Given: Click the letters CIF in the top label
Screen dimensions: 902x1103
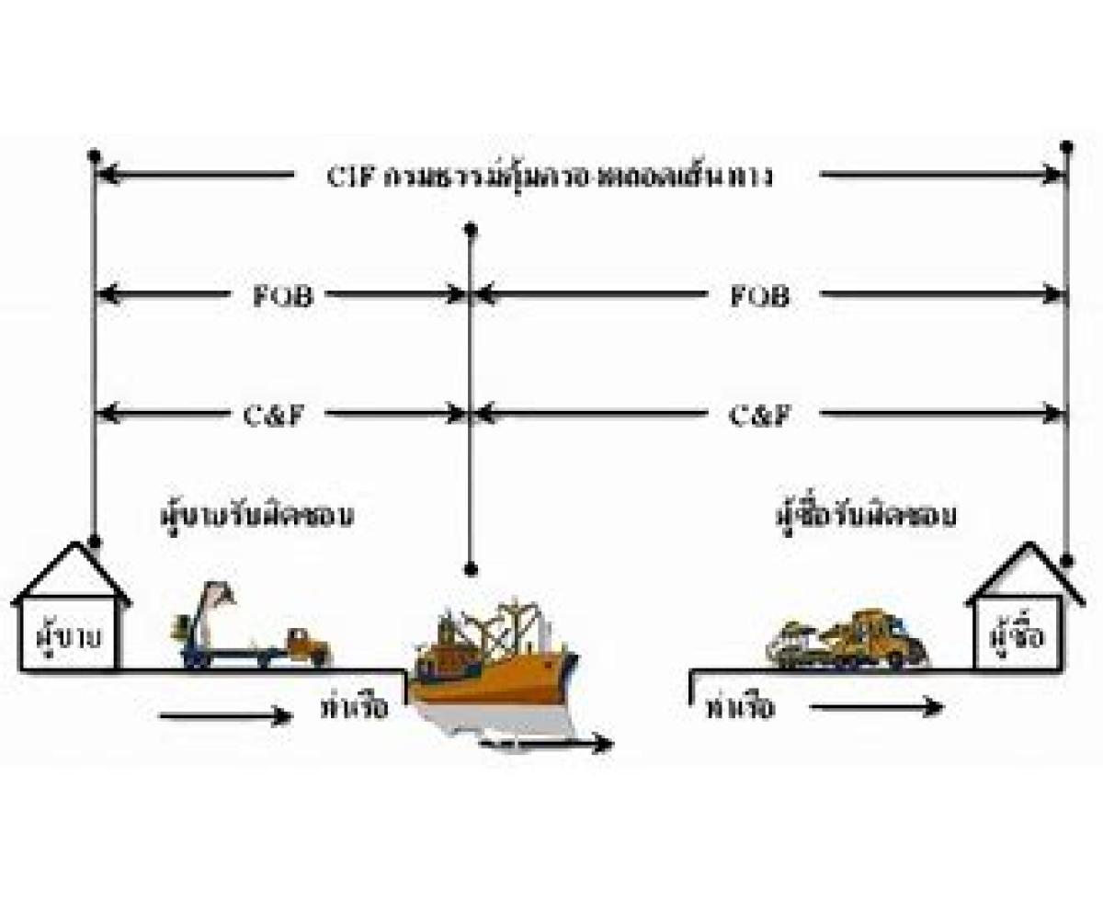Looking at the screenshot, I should tap(348, 176).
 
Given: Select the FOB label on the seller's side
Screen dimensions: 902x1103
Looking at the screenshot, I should tap(281, 296).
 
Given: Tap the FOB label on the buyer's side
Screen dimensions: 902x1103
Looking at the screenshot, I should tap(759, 296).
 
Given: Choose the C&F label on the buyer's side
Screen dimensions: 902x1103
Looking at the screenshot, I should tap(759, 415).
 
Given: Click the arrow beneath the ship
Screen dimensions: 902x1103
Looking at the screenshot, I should tap(547, 744).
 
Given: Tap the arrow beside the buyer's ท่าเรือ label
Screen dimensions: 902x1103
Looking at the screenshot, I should tap(878, 707).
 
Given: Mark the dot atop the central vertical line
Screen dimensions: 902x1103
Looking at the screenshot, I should tap(471, 227).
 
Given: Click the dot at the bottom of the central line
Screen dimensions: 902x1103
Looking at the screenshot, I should tap(471, 569).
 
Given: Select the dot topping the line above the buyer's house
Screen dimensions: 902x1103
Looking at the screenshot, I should tap(1066, 146).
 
